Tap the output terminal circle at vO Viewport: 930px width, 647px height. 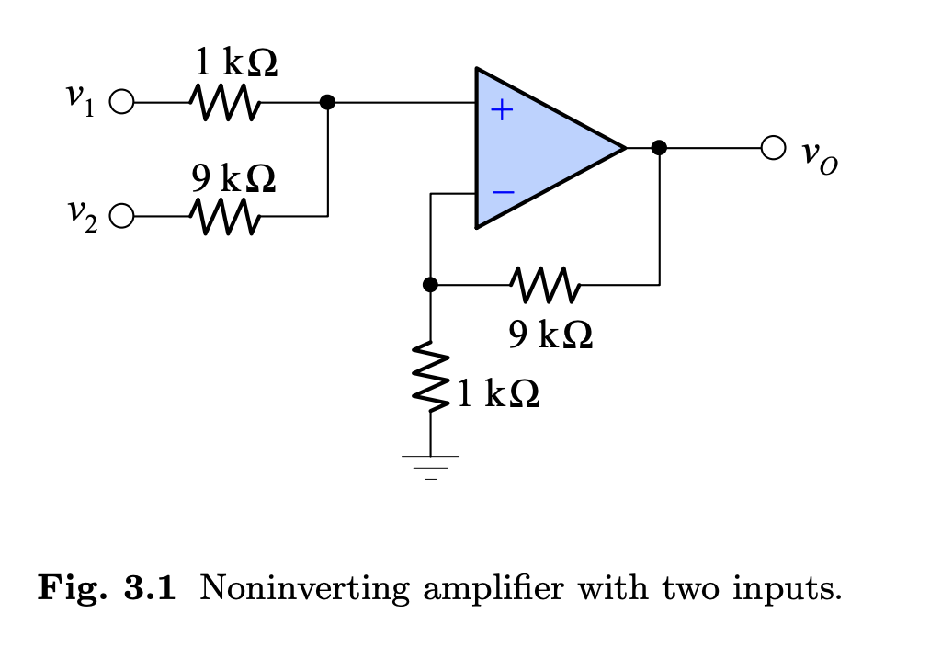pyautogui.click(x=774, y=147)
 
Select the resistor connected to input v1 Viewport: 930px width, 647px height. pyautogui.click(x=224, y=102)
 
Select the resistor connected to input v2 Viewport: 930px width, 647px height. pyautogui.click(x=224, y=217)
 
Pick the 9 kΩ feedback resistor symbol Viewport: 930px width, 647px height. pyautogui.click(x=545, y=285)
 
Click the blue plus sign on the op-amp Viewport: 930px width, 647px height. pyautogui.click(x=501, y=111)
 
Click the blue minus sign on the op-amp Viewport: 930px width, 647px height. pyautogui.click(x=502, y=193)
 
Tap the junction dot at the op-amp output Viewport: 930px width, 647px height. pyautogui.click(x=658, y=147)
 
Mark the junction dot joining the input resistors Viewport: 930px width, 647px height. pyautogui.click(x=328, y=102)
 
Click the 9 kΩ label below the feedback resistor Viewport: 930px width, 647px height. pyautogui.click(x=550, y=335)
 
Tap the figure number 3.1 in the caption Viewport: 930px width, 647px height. pyautogui.click(x=149, y=587)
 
